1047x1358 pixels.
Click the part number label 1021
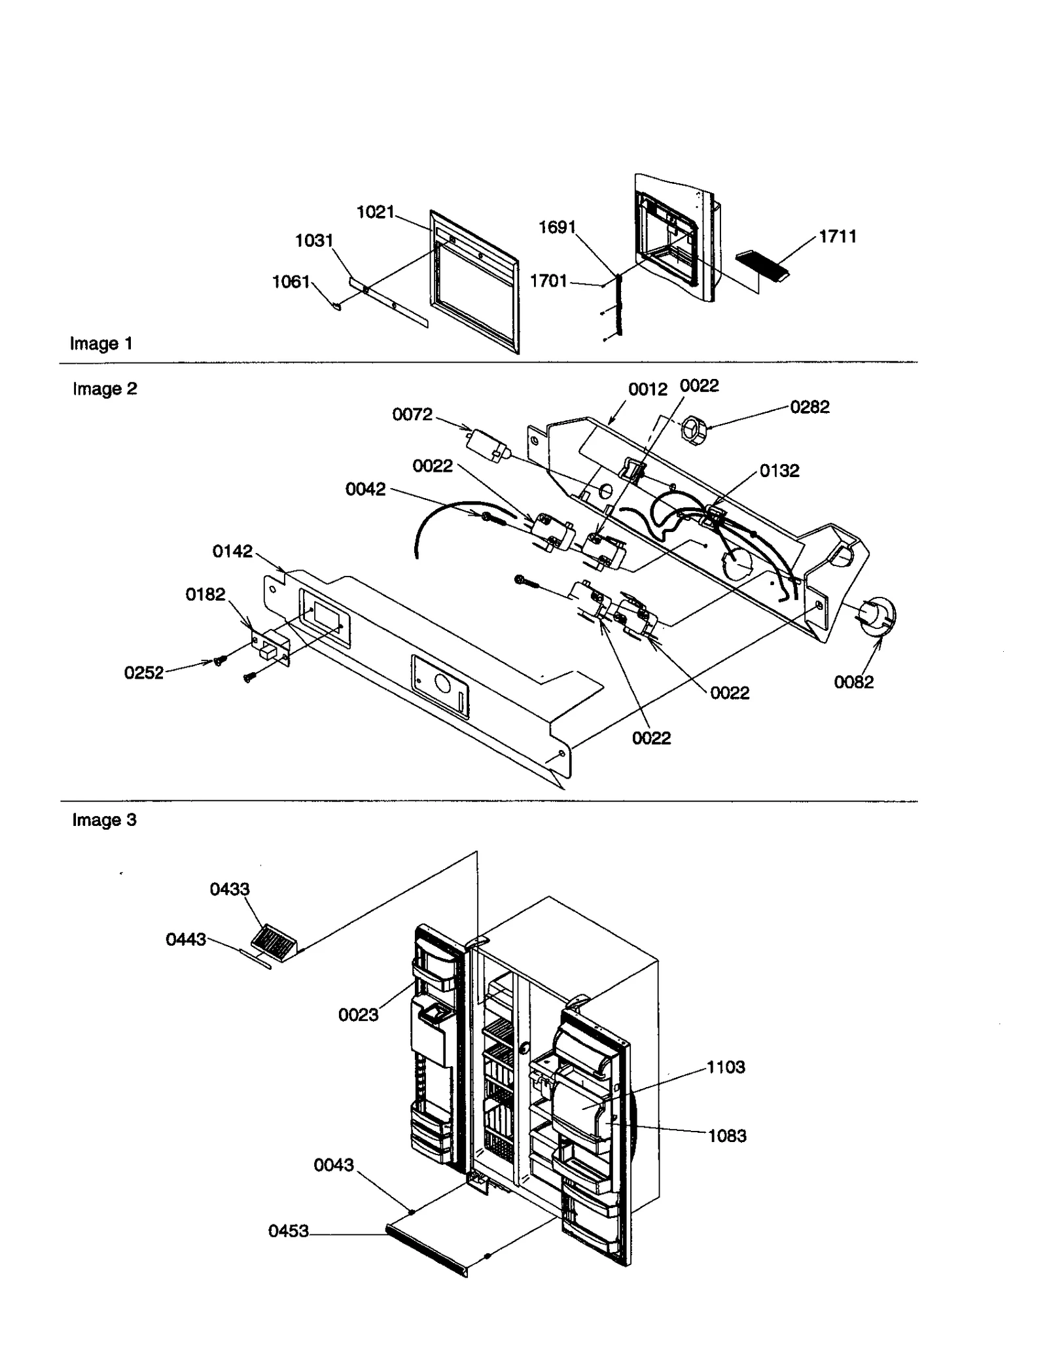(375, 212)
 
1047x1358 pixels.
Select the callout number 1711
(838, 236)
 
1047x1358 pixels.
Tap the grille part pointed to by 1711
(762, 264)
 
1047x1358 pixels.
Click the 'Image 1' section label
(101, 344)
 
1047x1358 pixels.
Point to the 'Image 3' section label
(104, 820)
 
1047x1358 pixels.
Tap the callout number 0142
(232, 551)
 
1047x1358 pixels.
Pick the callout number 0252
(144, 672)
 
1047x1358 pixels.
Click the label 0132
(779, 471)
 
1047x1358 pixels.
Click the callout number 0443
(186, 939)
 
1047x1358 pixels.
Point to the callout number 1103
(726, 1067)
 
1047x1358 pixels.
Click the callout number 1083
(727, 1135)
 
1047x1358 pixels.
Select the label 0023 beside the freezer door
(358, 1014)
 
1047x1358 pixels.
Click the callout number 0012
(647, 389)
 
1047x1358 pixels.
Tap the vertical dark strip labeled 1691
(618, 305)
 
